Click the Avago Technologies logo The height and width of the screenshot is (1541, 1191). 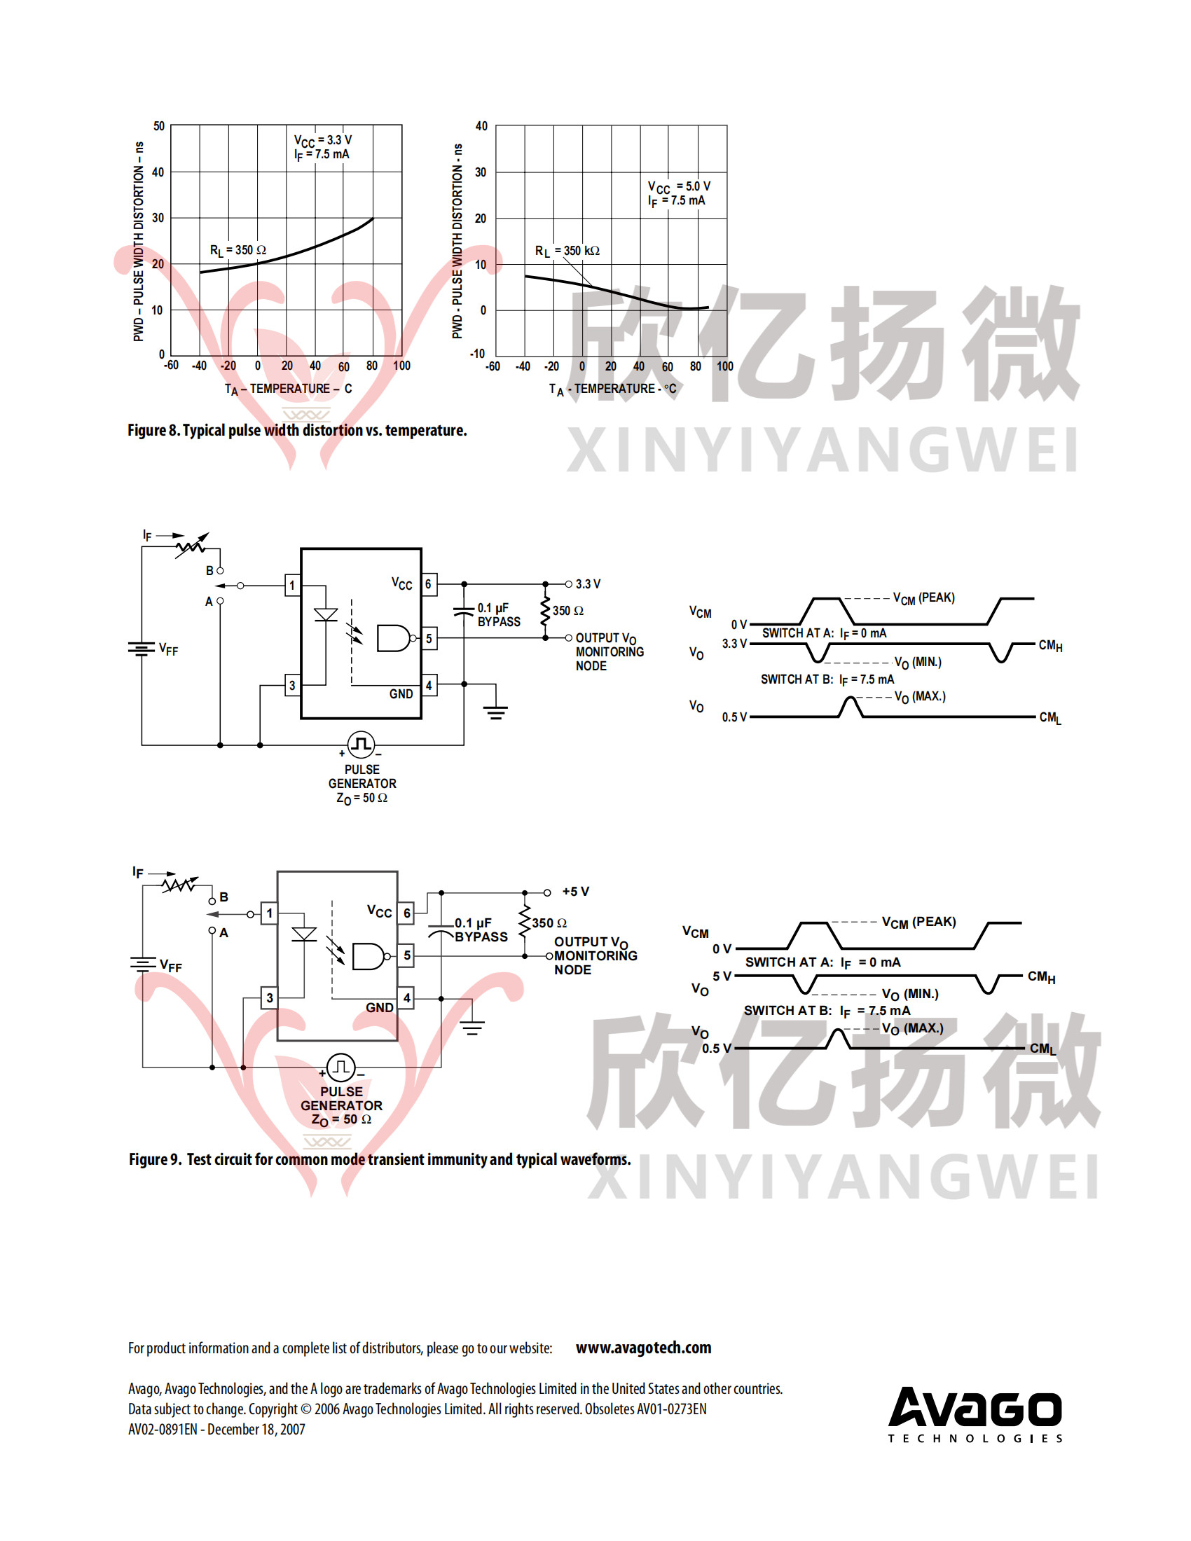click(975, 1414)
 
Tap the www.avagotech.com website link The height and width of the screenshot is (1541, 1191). click(642, 1348)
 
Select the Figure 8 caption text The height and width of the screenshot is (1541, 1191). click(297, 430)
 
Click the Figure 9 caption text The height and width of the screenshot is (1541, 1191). click(380, 1159)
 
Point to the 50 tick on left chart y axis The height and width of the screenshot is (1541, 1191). click(159, 126)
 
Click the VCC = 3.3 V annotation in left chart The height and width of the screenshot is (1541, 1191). click(322, 139)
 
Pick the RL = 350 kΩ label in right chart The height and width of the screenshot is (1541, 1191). click(567, 251)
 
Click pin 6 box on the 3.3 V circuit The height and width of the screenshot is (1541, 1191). click(428, 584)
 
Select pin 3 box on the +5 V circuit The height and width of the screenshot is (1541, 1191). click(270, 997)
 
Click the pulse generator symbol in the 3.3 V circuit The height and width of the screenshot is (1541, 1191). click(362, 744)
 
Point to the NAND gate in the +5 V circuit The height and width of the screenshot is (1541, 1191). click(369, 956)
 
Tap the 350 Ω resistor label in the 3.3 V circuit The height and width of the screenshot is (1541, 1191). click(568, 610)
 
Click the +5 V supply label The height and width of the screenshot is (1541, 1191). click(575, 892)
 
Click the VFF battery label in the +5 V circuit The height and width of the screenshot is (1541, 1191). click(170, 965)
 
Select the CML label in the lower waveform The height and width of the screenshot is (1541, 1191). click(1042, 1049)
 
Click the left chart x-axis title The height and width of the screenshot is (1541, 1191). click(288, 389)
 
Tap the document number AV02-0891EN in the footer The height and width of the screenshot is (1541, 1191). click(163, 1429)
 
